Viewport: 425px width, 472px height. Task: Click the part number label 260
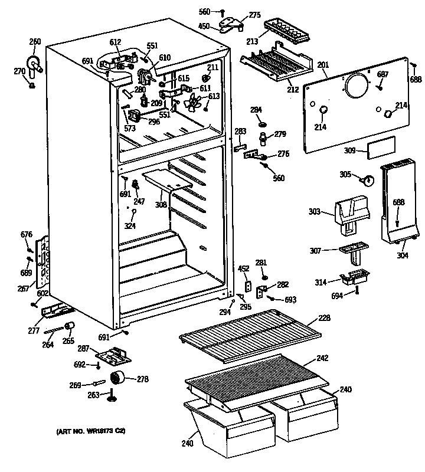[x=35, y=41]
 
